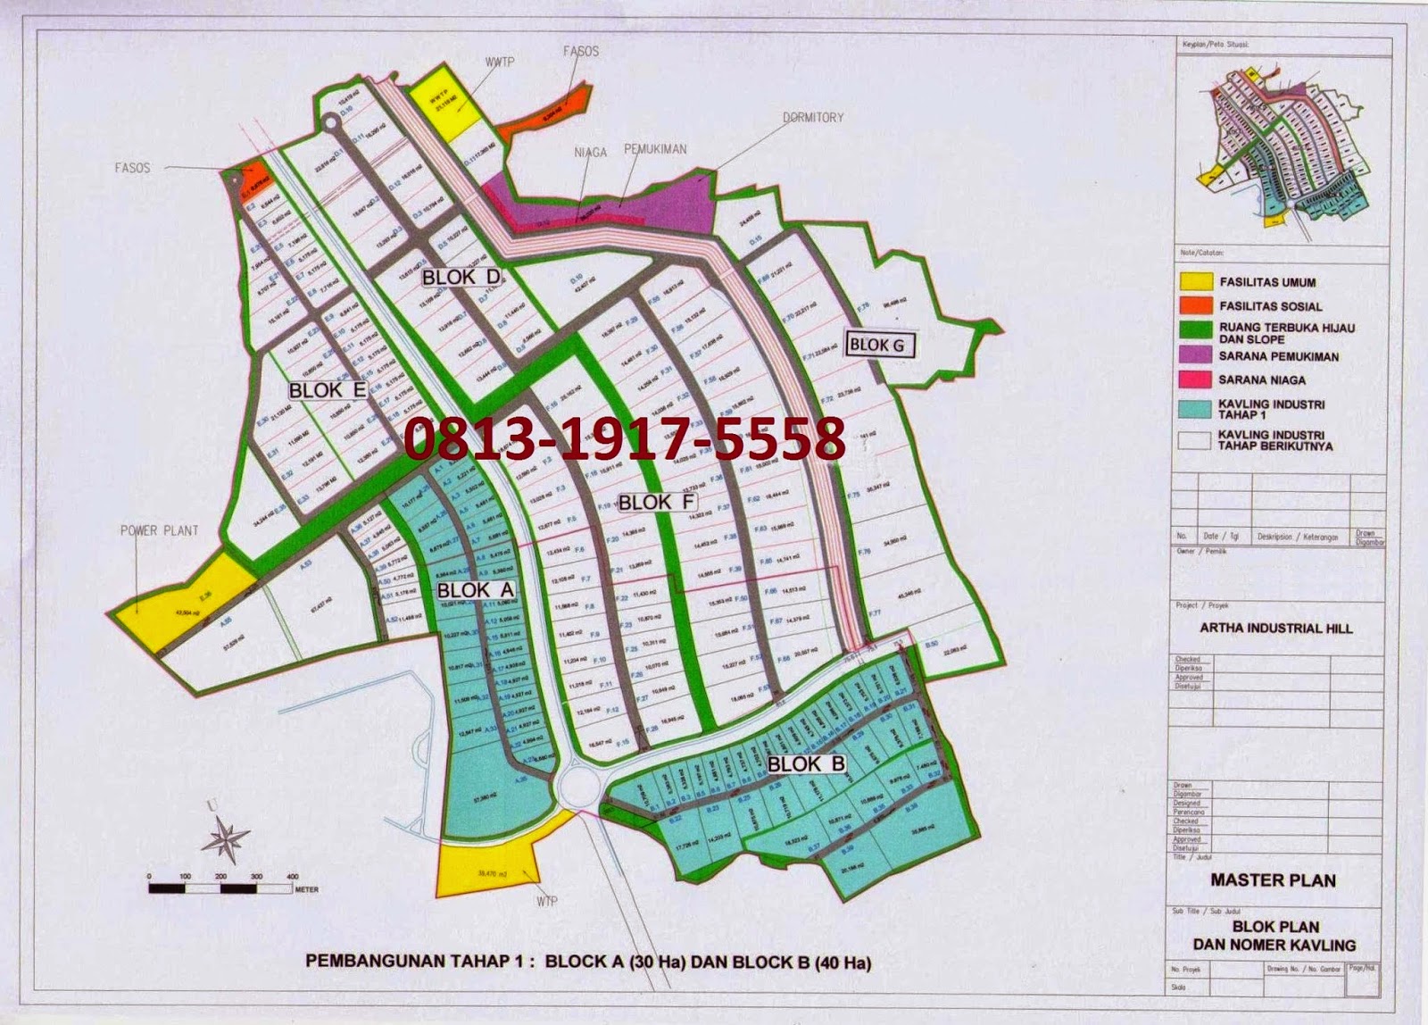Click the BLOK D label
pyautogui.click(x=461, y=277)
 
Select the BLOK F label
pyautogui.click(x=657, y=502)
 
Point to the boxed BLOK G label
pyautogui.click(x=876, y=345)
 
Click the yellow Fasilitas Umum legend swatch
pyautogui.click(x=1196, y=282)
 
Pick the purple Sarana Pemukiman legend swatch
pyautogui.click(x=1196, y=356)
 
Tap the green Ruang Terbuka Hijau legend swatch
pyautogui.click(x=1196, y=331)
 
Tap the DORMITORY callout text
pyautogui.click(x=812, y=117)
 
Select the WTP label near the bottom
pyautogui.click(x=547, y=901)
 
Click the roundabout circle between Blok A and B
pyautogui.click(x=574, y=787)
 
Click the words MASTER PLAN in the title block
pyautogui.click(x=1273, y=880)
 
